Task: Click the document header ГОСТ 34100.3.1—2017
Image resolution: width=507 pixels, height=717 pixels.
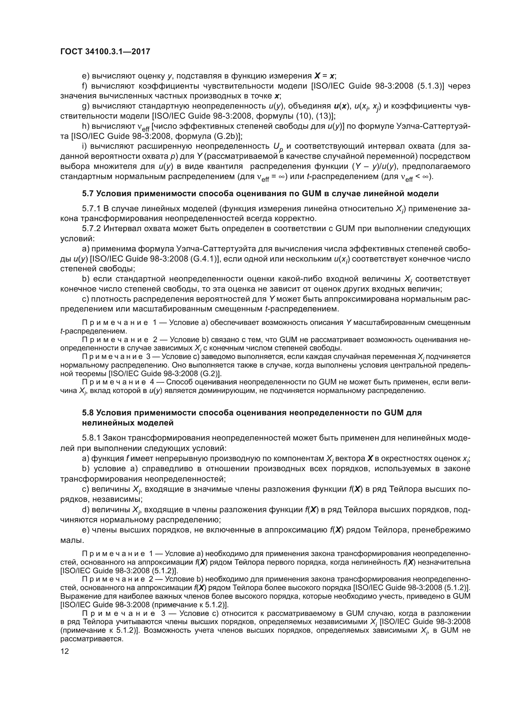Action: tap(105, 51)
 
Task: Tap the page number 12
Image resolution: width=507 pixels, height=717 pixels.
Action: tap(65, 651)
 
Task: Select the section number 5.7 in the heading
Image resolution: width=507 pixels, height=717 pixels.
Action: tap(88, 194)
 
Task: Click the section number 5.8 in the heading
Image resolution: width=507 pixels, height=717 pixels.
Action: tap(88, 413)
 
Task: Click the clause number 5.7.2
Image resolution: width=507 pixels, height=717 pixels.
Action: tap(91, 229)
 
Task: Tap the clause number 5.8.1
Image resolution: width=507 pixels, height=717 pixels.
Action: tap(91, 438)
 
